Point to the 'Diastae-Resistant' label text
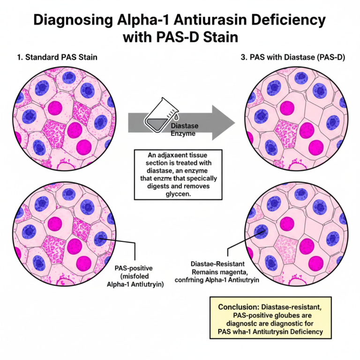tap(217, 264)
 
